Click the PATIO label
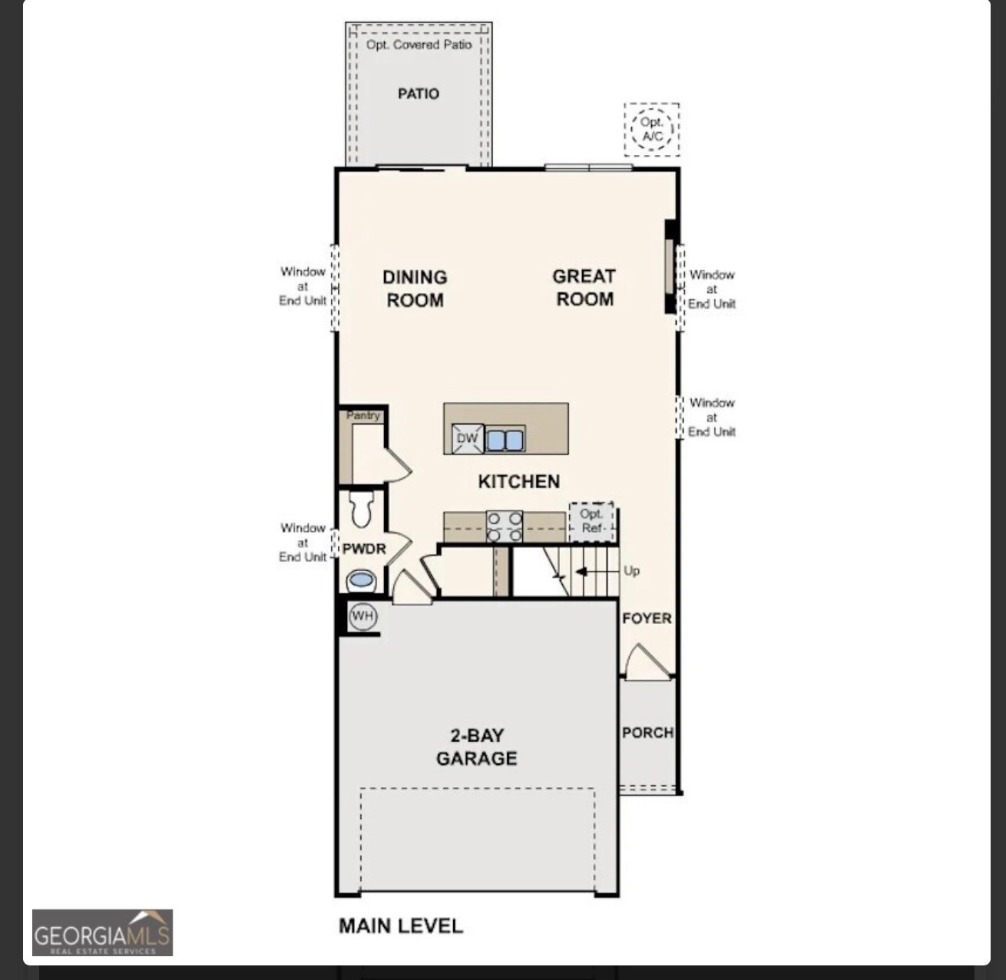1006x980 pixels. (419, 94)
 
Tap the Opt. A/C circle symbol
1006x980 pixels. (652, 130)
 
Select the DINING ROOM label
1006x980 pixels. (415, 289)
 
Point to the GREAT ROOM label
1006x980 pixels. (584, 288)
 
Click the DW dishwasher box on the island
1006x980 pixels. (468, 439)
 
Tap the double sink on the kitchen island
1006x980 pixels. (505, 440)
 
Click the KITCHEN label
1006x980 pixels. (518, 481)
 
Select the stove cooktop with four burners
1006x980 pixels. (505, 526)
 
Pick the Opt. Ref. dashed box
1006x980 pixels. (591, 522)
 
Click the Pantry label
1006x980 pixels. (363, 415)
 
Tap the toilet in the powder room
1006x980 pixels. (362, 508)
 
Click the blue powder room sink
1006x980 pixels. (361, 580)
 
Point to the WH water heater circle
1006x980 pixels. (362, 616)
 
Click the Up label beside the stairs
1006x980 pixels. (631, 571)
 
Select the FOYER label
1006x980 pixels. (647, 619)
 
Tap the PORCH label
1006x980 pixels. (647, 733)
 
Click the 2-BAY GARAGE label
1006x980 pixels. (477, 747)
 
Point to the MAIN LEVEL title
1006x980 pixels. (401, 926)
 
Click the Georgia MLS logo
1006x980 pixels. (102, 932)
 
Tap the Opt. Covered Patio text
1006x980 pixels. (419, 45)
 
